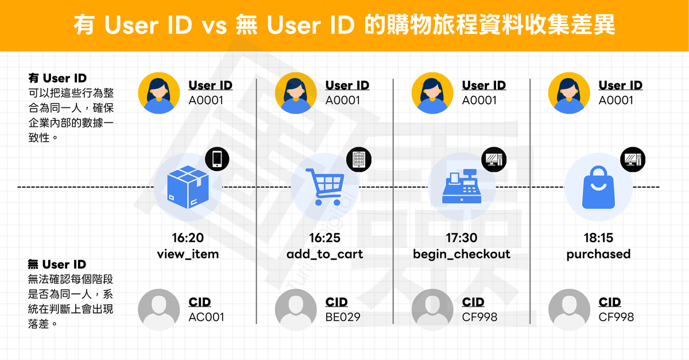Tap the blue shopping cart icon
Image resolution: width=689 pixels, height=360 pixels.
pos(325,187)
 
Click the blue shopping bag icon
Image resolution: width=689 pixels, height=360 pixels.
pos(598,188)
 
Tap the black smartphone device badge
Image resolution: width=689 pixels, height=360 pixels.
pos(217,158)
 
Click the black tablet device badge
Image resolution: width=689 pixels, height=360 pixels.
pos(359,158)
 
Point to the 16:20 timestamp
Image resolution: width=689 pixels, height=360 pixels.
pos(188,238)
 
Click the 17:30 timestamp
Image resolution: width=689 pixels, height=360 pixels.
pos(462,238)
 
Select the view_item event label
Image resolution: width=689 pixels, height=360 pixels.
pos(188,254)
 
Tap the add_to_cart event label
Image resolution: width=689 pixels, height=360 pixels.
pos(325,254)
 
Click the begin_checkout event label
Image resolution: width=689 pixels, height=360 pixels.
pos(462,254)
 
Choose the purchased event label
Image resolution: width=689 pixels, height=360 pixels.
pos(598,254)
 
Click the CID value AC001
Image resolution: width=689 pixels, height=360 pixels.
pos(206,316)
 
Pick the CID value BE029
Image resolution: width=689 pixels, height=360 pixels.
pos(343,316)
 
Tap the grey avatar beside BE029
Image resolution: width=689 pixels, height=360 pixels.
pos(296,311)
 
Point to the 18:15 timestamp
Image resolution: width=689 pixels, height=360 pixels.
pos(598,238)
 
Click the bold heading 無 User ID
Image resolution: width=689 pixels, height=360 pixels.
pos(57,265)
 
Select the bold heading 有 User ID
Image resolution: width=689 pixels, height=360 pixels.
pos(57,79)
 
